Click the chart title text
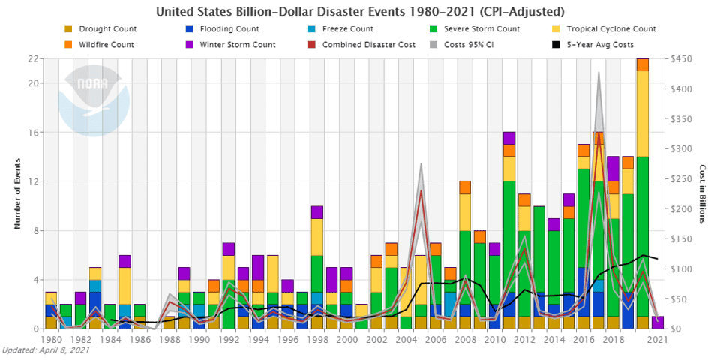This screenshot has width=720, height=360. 359,12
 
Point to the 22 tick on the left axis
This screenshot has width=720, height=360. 34,59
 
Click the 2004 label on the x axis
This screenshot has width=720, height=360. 405,340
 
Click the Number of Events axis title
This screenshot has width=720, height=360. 16,193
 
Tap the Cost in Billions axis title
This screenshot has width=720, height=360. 703,193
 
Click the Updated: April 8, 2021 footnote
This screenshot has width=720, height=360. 46,350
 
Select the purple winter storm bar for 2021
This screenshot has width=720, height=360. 658,322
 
